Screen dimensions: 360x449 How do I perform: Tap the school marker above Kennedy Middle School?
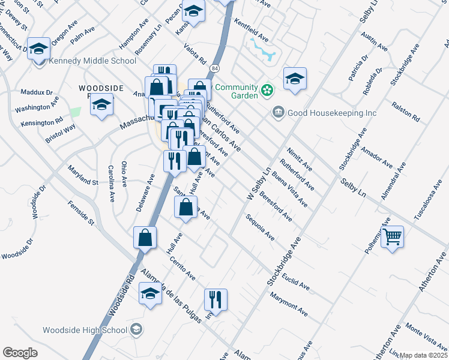(x=39, y=49)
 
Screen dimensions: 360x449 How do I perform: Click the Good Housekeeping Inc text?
(x=332, y=113)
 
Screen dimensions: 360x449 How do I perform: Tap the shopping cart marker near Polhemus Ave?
(x=392, y=237)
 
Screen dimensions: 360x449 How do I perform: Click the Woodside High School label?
(x=85, y=330)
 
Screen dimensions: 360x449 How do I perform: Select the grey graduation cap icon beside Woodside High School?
(x=137, y=329)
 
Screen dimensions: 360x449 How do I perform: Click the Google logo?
(x=20, y=353)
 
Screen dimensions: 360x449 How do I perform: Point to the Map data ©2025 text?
(x=423, y=355)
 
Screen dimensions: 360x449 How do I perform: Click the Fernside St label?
(x=81, y=213)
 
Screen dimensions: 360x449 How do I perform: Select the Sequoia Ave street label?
(x=260, y=227)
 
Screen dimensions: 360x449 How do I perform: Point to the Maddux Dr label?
(x=37, y=92)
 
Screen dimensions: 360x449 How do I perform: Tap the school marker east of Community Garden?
(x=294, y=78)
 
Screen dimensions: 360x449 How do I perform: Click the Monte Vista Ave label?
(x=423, y=334)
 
